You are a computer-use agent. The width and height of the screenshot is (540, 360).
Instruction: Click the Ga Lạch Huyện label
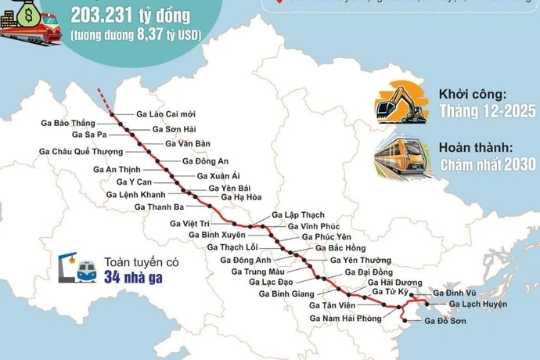[479, 304]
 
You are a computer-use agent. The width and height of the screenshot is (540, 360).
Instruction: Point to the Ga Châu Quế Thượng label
[81, 151]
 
